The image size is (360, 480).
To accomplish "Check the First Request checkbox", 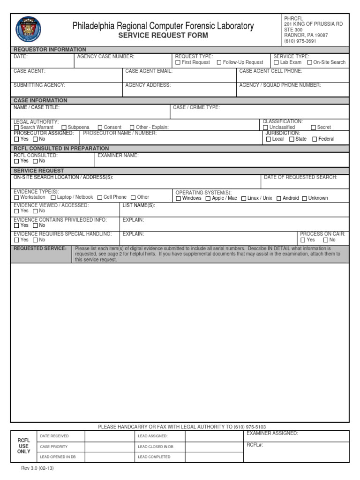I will (178, 62).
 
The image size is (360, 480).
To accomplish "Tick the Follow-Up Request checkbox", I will (219, 62).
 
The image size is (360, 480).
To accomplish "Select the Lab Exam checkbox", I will (277, 62).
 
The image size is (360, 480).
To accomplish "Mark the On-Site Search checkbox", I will (309, 62).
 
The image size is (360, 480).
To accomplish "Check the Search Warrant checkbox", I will (17, 127).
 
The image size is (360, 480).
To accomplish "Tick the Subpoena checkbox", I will (64, 127).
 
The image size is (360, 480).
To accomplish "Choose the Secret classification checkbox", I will (313, 127).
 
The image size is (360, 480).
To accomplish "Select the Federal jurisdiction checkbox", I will (315, 139).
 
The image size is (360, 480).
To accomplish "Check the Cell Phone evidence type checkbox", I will (100, 198).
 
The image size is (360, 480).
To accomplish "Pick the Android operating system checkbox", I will (279, 198).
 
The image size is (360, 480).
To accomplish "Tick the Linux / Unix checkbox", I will (244, 198).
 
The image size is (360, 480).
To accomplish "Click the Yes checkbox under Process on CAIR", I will (303, 240).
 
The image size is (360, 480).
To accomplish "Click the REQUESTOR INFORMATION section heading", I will (50, 49).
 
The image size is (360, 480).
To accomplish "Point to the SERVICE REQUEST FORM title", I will (163, 36).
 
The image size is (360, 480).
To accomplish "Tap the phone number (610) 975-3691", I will (300, 41).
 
